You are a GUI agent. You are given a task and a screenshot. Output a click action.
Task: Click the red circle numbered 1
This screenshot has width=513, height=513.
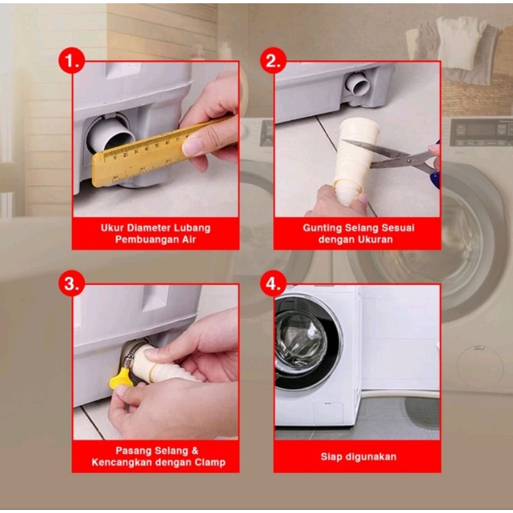72,60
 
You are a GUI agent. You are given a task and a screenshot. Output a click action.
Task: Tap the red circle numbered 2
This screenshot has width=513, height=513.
273,60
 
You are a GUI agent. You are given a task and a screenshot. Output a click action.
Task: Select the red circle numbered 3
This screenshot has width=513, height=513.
72,283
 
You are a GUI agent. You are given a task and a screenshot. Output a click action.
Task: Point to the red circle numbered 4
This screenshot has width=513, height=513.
273,283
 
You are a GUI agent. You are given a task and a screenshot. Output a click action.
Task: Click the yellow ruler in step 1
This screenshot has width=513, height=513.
157,152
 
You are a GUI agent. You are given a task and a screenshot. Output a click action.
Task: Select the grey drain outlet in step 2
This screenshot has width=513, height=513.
358,83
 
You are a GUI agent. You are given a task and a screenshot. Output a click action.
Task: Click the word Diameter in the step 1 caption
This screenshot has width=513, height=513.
149,228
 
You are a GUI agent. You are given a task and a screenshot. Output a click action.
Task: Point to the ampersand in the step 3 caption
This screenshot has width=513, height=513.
195,451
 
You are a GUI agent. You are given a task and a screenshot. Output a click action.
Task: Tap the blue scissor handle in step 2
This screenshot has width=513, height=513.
435,177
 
